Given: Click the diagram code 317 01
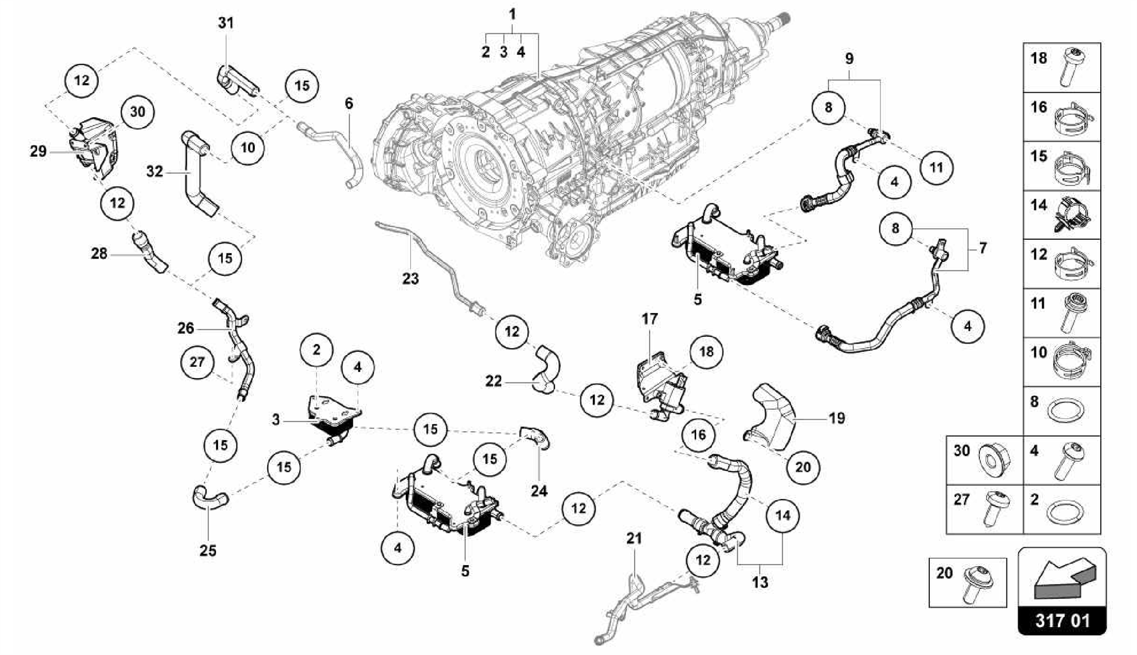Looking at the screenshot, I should [1061, 620].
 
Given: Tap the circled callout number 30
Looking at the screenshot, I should [137, 112].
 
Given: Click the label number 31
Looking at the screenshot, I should [225, 23].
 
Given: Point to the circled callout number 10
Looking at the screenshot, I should [248, 147].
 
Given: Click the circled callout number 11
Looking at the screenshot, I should [936, 167].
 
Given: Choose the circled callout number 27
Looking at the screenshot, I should [198, 362].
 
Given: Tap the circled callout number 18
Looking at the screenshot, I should [706, 351].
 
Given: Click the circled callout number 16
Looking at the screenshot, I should [698, 434].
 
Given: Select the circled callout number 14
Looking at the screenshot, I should [782, 515].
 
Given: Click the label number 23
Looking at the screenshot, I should [410, 278].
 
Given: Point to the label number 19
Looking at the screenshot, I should [837, 418].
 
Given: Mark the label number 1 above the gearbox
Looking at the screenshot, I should [512, 14].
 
